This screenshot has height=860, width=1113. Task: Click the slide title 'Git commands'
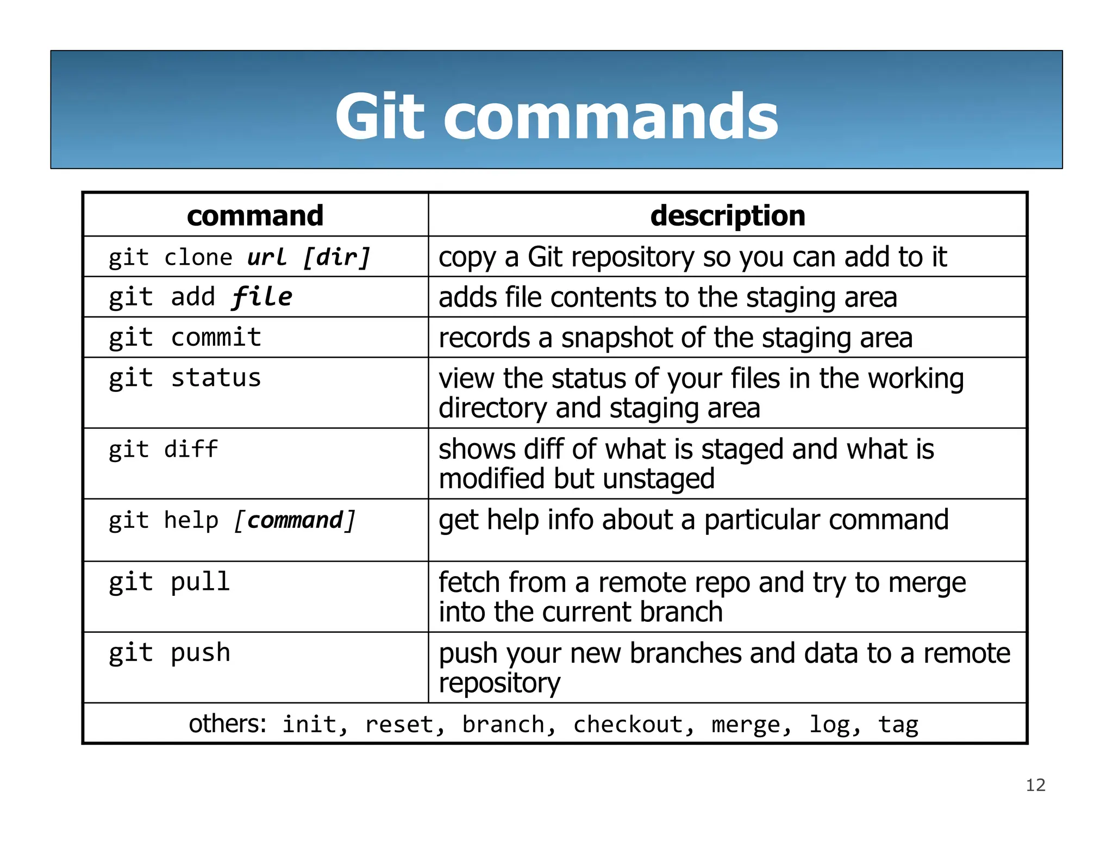[x=556, y=116]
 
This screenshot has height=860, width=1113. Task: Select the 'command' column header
[x=255, y=215]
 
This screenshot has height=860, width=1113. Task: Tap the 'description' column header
[x=727, y=215]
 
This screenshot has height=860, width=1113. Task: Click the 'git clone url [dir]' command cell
[x=239, y=257]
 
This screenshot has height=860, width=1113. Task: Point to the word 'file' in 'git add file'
[x=262, y=297]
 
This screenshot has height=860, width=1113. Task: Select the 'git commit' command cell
[x=185, y=338]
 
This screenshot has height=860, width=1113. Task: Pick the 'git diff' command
[x=163, y=450]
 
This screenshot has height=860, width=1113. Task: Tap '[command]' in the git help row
[x=295, y=521]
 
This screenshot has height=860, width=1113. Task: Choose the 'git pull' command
[x=170, y=582]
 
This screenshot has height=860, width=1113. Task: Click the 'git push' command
[x=170, y=653]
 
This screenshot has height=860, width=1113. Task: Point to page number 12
[x=1035, y=785]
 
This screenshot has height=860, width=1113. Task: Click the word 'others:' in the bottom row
[x=228, y=724]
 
